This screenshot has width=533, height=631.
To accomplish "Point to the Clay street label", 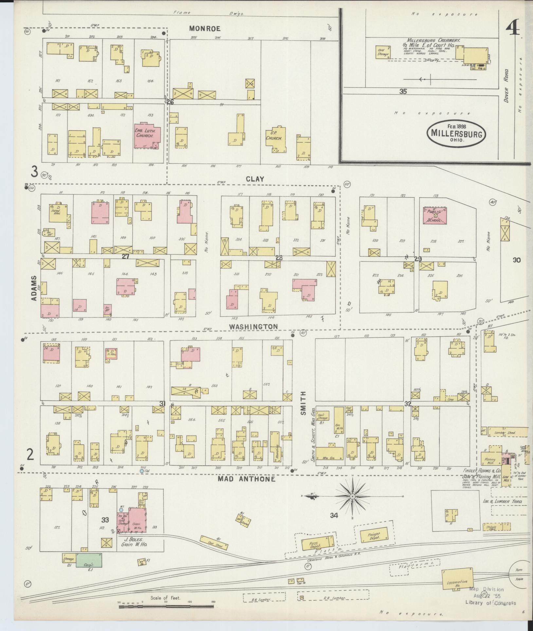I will [x=255, y=179].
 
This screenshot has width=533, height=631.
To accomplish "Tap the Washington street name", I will [x=253, y=326].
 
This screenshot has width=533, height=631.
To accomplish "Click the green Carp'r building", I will [x=89, y=560].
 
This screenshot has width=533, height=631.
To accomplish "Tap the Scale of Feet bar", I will [x=166, y=606].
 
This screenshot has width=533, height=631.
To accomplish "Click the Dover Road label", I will [x=506, y=85].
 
